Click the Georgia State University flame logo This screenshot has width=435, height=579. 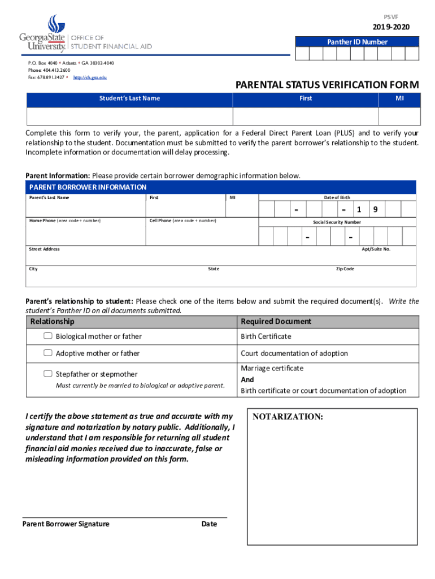(x=53, y=23)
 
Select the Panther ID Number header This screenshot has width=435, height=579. (x=357, y=42)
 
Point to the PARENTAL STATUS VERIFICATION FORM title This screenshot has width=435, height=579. (x=327, y=85)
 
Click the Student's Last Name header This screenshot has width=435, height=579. (x=129, y=98)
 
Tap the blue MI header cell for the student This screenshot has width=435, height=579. (x=399, y=98)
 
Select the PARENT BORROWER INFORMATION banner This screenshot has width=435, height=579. (x=88, y=187)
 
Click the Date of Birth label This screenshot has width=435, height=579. (x=337, y=197)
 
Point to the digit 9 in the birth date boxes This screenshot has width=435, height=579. (x=374, y=210)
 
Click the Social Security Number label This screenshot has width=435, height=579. (x=337, y=222)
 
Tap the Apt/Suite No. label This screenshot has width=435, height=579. (x=376, y=249)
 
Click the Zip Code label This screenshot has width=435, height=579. (x=345, y=269)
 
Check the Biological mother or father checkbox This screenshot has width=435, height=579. (x=48, y=336)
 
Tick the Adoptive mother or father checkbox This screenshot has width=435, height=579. (x=48, y=353)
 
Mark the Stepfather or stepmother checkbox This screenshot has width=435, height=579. (x=48, y=374)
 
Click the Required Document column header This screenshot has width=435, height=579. (x=276, y=321)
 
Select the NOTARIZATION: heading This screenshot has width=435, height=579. (x=288, y=417)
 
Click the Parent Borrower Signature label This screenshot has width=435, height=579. (x=66, y=524)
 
